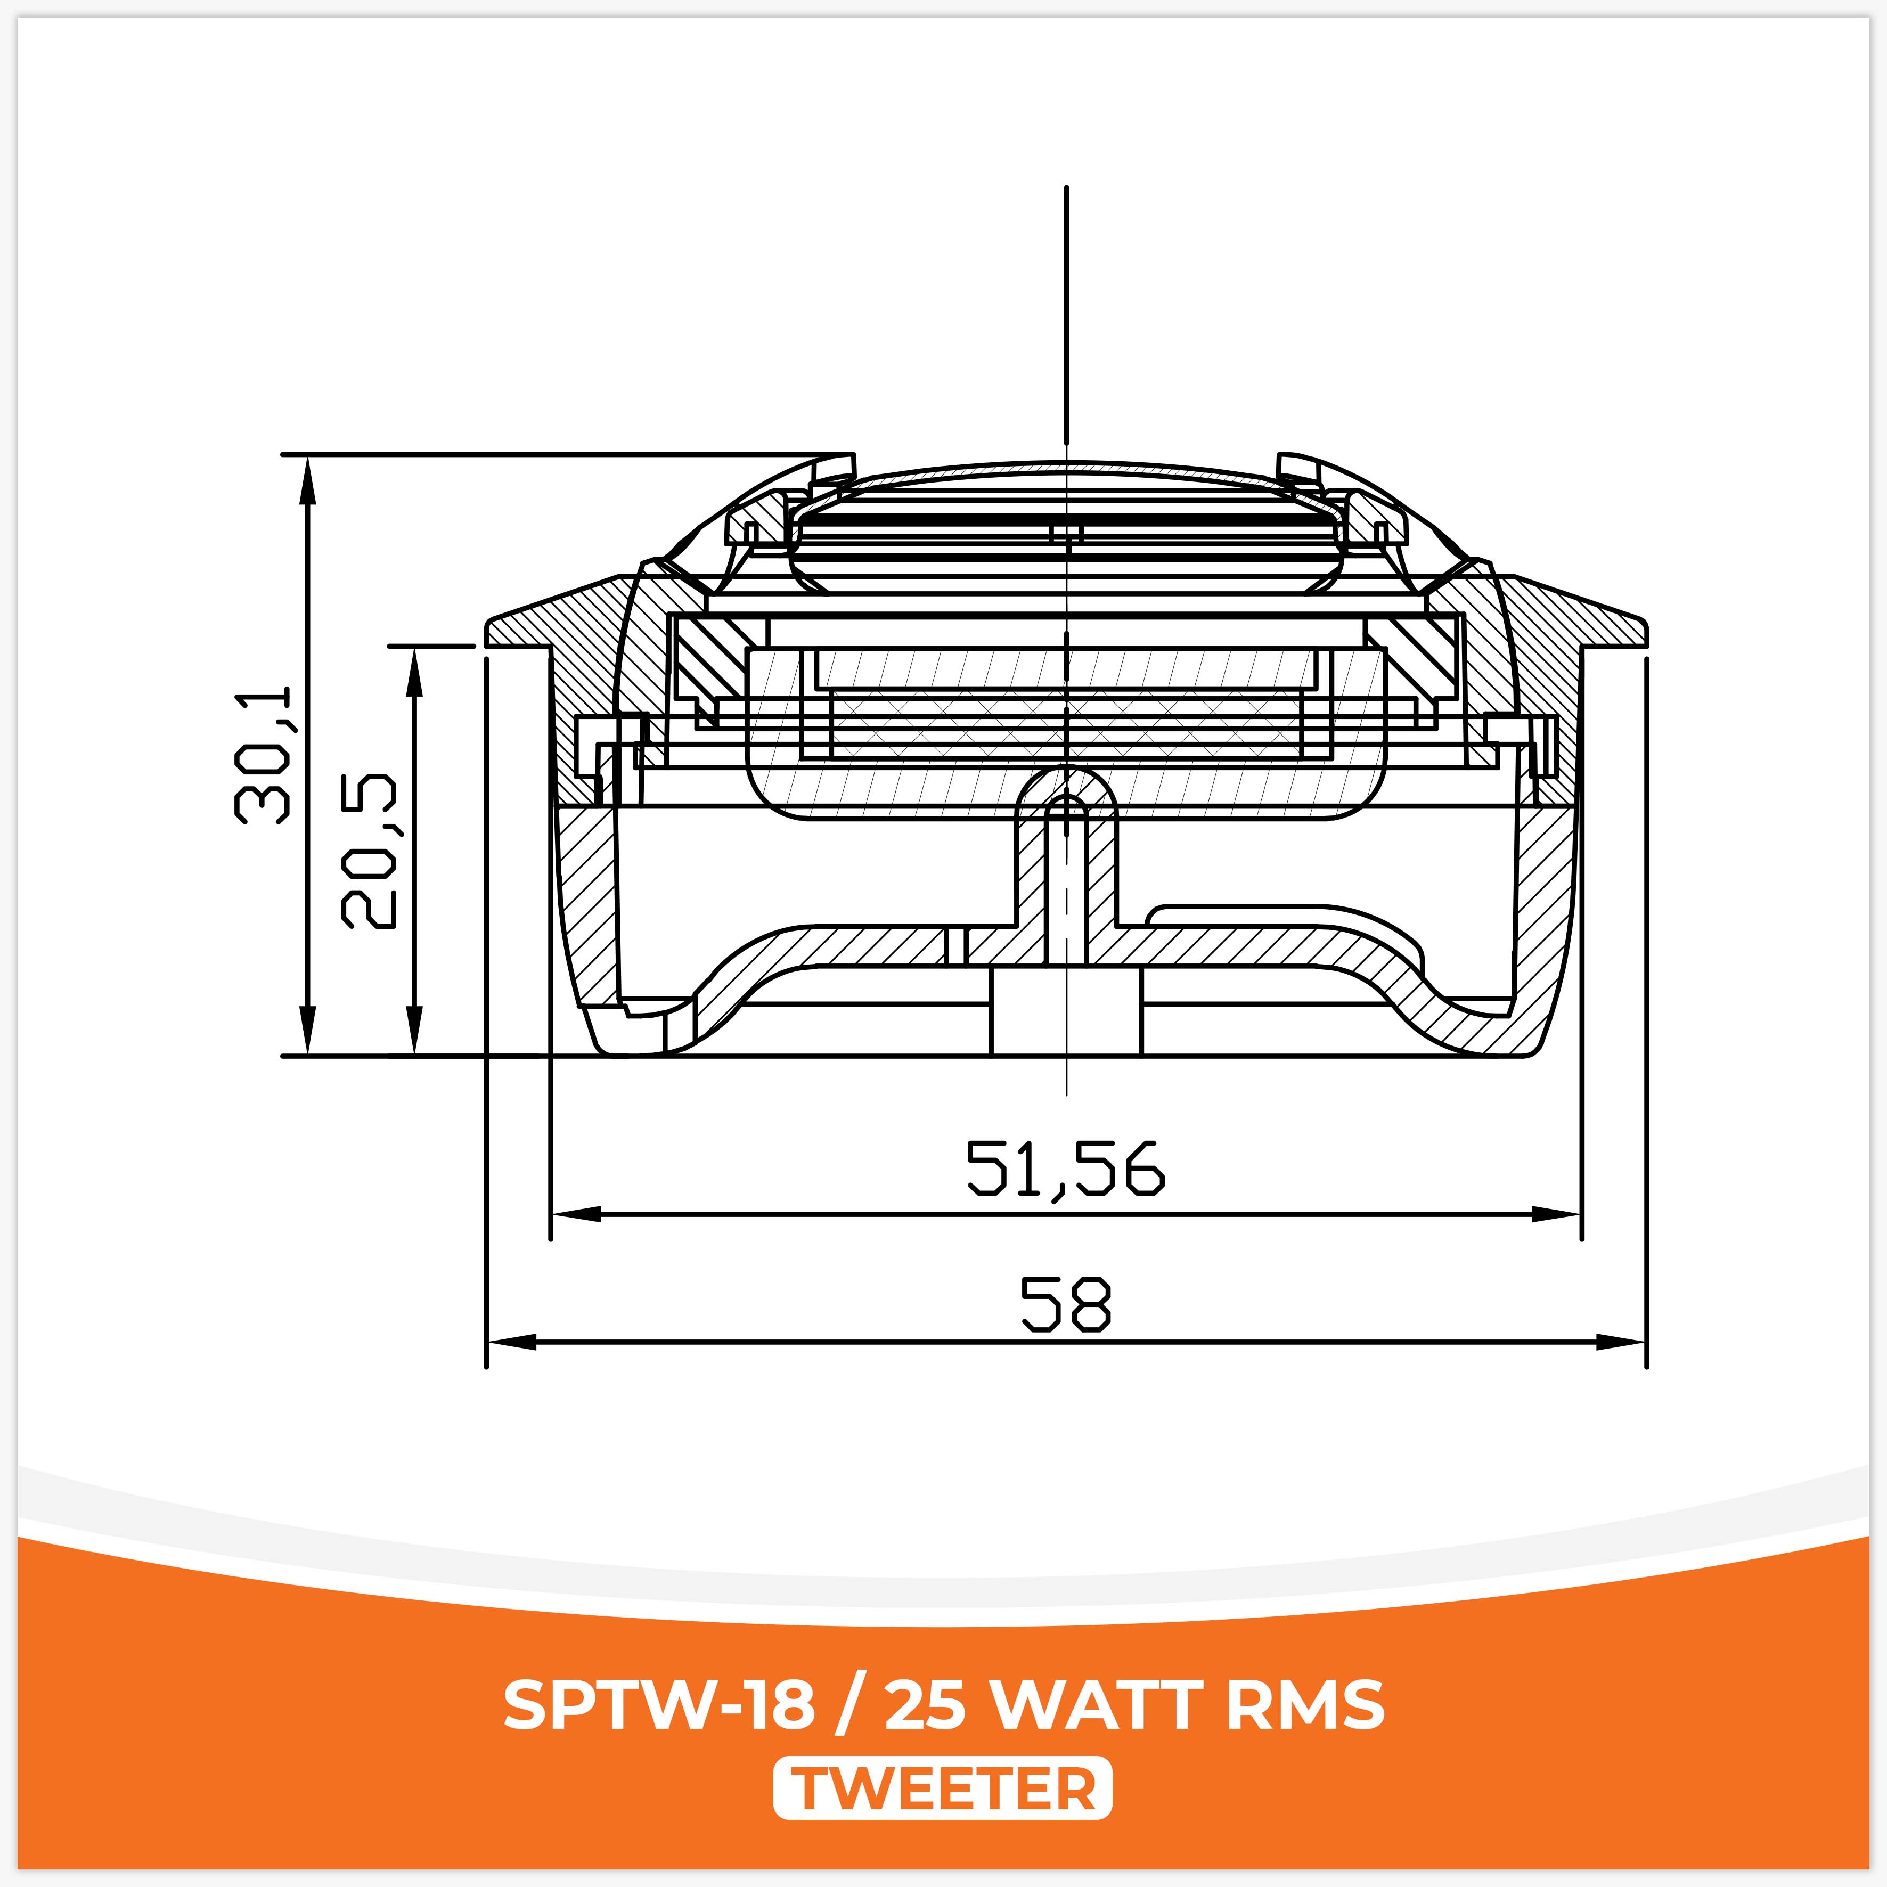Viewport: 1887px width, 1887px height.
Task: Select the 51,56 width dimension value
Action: (x=1066, y=1168)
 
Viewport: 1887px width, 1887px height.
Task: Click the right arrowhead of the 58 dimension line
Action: (x=1623, y=1342)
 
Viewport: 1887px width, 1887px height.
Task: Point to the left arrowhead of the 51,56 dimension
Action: (x=574, y=1214)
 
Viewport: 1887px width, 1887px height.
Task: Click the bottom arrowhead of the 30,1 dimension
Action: (x=308, y=1033)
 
